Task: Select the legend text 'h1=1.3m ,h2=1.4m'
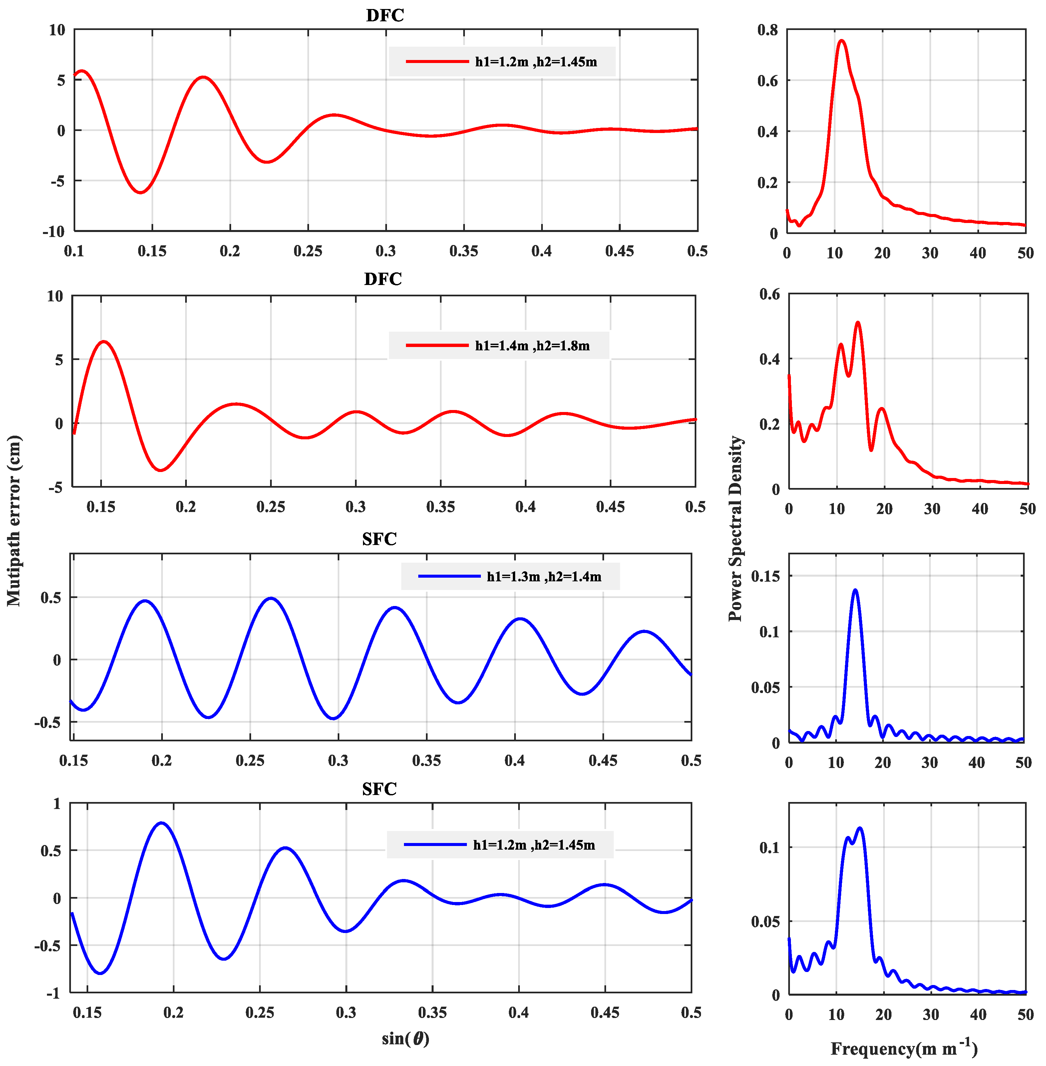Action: point(543,577)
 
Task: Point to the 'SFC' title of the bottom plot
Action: point(379,789)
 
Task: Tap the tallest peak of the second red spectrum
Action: point(858,323)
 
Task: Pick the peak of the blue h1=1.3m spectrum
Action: point(855,590)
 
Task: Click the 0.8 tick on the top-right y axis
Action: point(768,30)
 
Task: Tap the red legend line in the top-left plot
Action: point(437,62)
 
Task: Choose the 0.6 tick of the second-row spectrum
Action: point(769,294)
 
